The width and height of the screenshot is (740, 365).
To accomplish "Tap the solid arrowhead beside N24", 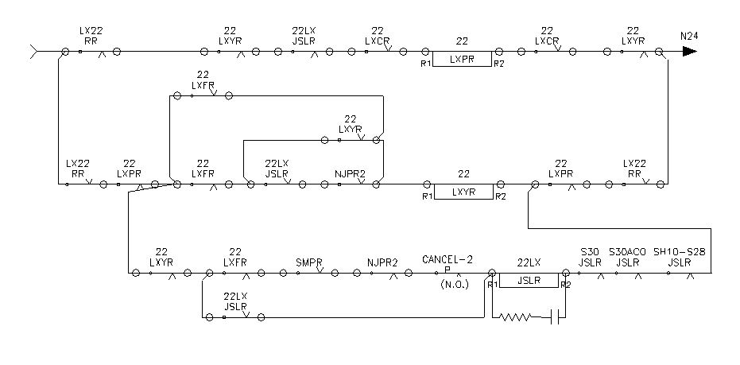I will [689, 52].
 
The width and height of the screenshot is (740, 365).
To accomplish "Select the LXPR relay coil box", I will [462, 59].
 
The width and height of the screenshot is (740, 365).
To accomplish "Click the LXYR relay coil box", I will [462, 191].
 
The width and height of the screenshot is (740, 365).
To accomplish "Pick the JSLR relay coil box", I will [529, 280].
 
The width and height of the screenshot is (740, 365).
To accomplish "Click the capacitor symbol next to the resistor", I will [556, 317].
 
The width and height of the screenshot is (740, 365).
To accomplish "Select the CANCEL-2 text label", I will [447, 259].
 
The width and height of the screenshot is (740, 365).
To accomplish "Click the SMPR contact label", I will [308, 261].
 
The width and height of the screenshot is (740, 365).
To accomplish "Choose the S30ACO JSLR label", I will [628, 256].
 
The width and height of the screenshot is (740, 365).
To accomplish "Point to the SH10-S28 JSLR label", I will [680, 256].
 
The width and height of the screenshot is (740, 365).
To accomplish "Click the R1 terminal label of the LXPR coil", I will [426, 63].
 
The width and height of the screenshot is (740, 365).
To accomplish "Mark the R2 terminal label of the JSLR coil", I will [565, 285].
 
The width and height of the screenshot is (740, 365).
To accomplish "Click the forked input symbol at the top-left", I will [33, 52].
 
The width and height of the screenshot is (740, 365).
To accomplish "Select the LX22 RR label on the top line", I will [91, 35].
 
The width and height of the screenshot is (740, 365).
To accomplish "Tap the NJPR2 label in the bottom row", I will [382, 261].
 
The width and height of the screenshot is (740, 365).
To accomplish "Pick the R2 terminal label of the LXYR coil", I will [499, 196].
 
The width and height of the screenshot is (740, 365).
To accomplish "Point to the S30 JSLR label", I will [590, 256].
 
